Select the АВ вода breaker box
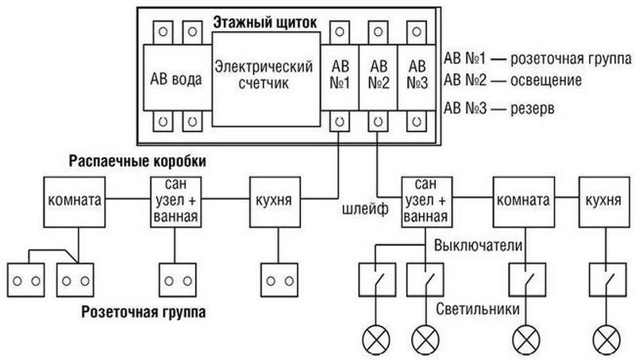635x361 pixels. pos(176,80)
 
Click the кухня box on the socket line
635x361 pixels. pos(274,201)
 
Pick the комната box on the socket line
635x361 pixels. pos(75,201)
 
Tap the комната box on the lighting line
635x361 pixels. pos(521,201)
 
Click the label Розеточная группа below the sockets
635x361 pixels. pos(143,312)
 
